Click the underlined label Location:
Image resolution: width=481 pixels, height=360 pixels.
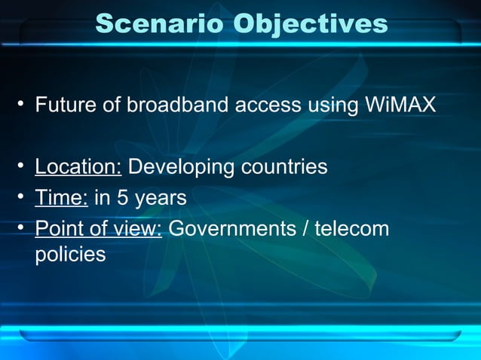tap(78, 166)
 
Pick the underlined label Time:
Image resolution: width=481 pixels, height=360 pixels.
tap(62, 198)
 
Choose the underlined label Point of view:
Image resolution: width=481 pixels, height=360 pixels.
tap(99, 229)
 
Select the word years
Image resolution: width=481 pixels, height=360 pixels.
tap(161, 199)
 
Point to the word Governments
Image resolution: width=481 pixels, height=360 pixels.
tap(231, 229)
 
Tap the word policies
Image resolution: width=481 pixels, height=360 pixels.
tap(70, 255)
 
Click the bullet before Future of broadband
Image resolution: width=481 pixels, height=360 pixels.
tap(23, 105)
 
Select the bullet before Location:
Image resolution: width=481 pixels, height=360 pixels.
tap(23, 167)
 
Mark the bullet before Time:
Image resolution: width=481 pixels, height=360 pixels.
tap(23, 199)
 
